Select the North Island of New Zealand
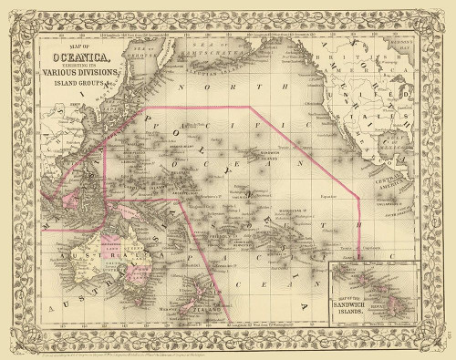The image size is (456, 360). pyautogui.click(x=205, y=269)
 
